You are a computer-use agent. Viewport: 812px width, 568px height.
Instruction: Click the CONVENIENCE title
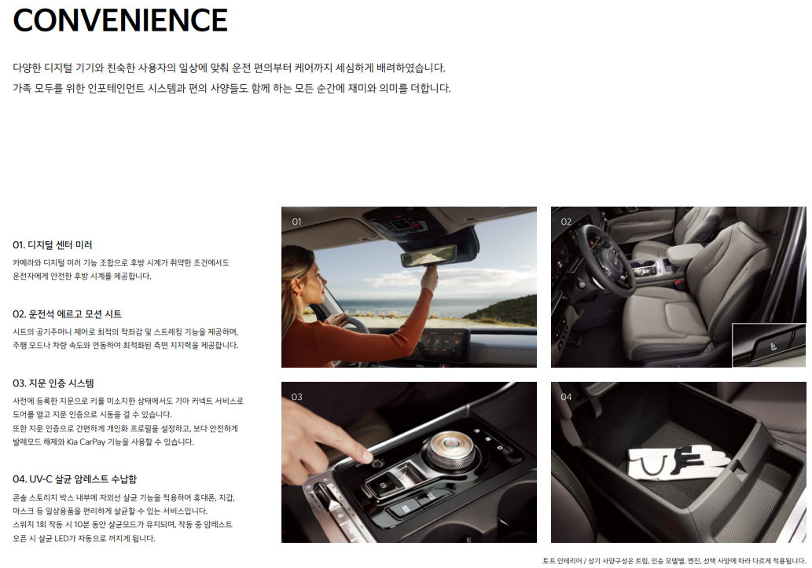pyautogui.click(x=120, y=20)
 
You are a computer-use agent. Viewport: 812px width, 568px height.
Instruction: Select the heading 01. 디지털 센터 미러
pyautogui.click(x=53, y=245)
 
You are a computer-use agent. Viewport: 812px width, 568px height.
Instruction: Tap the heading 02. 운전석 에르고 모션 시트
pyautogui.click(x=68, y=313)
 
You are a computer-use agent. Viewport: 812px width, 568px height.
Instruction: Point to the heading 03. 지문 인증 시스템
pyautogui.click(x=53, y=383)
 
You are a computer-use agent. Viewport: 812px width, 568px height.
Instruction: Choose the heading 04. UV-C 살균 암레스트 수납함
pyautogui.click(x=75, y=479)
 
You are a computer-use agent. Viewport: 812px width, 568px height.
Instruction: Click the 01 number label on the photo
pyautogui.click(x=296, y=222)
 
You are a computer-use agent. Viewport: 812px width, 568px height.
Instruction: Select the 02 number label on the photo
pyautogui.click(x=566, y=222)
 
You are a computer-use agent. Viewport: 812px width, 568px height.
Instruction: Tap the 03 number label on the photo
pyautogui.click(x=296, y=398)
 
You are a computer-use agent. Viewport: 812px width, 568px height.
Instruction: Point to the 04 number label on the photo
pyautogui.click(x=566, y=398)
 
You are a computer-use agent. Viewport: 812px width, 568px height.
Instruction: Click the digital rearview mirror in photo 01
pyautogui.click(x=428, y=255)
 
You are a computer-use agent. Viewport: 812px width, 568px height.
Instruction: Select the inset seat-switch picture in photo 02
pyautogui.click(x=769, y=346)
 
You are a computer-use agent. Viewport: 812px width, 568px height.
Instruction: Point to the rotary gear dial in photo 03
pyautogui.click(x=450, y=449)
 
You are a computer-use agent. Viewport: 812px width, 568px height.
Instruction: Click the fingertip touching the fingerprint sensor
pyautogui.click(x=368, y=456)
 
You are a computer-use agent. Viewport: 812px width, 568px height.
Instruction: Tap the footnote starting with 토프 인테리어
pyautogui.click(x=674, y=561)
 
